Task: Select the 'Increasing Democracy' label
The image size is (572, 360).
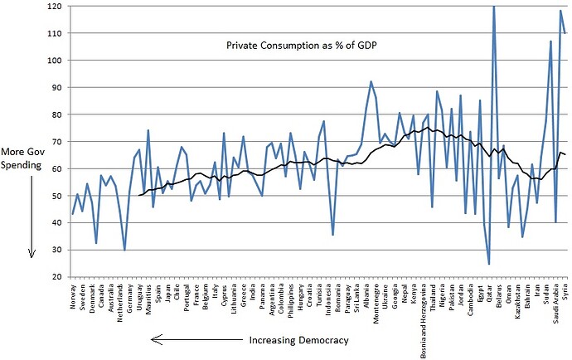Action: click(x=298, y=340)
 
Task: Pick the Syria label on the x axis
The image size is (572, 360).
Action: click(x=565, y=291)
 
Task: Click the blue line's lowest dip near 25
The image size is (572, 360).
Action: click(x=489, y=263)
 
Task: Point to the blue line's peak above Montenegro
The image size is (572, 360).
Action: click(x=371, y=81)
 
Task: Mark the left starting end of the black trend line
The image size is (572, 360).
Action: click(x=138, y=195)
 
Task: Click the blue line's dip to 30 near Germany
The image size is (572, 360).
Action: click(x=124, y=249)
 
